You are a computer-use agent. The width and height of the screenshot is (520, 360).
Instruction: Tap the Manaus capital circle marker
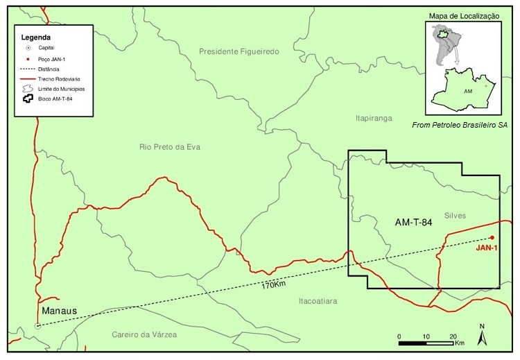click(37, 325)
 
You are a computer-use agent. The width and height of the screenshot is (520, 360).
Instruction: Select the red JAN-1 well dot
click(492, 237)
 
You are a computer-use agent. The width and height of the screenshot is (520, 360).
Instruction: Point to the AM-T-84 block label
click(414, 223)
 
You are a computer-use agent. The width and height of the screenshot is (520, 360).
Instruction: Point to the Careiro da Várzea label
click(144, 334)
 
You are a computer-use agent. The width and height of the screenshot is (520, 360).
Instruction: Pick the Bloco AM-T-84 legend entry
click(63, 99)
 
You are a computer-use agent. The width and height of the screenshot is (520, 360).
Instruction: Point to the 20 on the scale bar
click(451, 336)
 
